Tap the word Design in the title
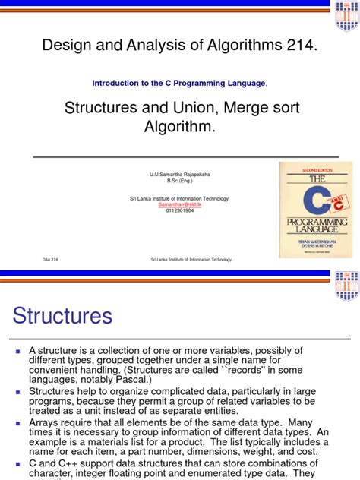pos(67,47)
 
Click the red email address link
pos(180,204)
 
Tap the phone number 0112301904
pos(180,210)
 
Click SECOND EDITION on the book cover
pos(313,169)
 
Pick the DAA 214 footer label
pos(49,259)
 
